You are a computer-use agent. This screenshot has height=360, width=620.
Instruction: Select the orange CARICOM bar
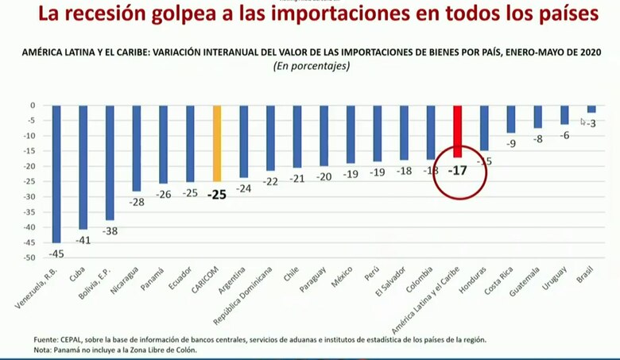(217, 143)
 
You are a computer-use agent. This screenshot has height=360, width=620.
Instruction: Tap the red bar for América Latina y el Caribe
(457, 131)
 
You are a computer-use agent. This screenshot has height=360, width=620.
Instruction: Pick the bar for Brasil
(591, 109)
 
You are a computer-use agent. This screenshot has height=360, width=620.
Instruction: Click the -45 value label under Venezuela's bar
(56, 254)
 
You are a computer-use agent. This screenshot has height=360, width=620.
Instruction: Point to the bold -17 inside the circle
(457, 171)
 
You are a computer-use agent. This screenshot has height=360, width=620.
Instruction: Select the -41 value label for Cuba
(83, 240)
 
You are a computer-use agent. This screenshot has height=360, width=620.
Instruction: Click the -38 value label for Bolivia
(110, 231)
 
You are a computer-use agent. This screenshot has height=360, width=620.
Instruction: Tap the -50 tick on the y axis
(29, 258)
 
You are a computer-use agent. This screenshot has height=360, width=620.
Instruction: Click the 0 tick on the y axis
(33, 105)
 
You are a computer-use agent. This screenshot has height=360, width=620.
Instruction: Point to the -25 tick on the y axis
(29, 182)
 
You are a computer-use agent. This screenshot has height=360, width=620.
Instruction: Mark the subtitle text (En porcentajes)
(311, 67)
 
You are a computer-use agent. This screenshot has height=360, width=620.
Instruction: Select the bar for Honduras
(484, 128)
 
